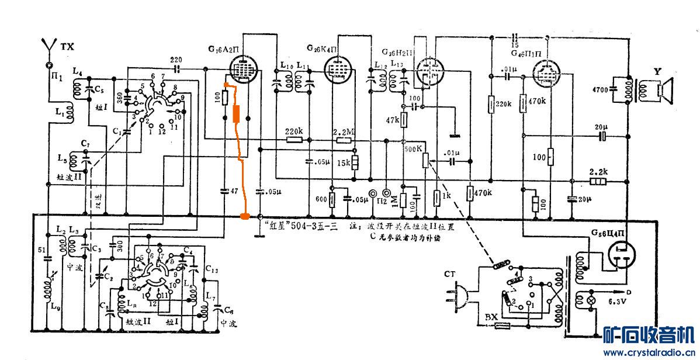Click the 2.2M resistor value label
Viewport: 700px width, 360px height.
(343, 131)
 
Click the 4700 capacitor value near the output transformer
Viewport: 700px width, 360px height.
(599, 91)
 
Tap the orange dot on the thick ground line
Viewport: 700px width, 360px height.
(245, 217)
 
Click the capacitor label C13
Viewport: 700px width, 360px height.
(212, 270)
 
